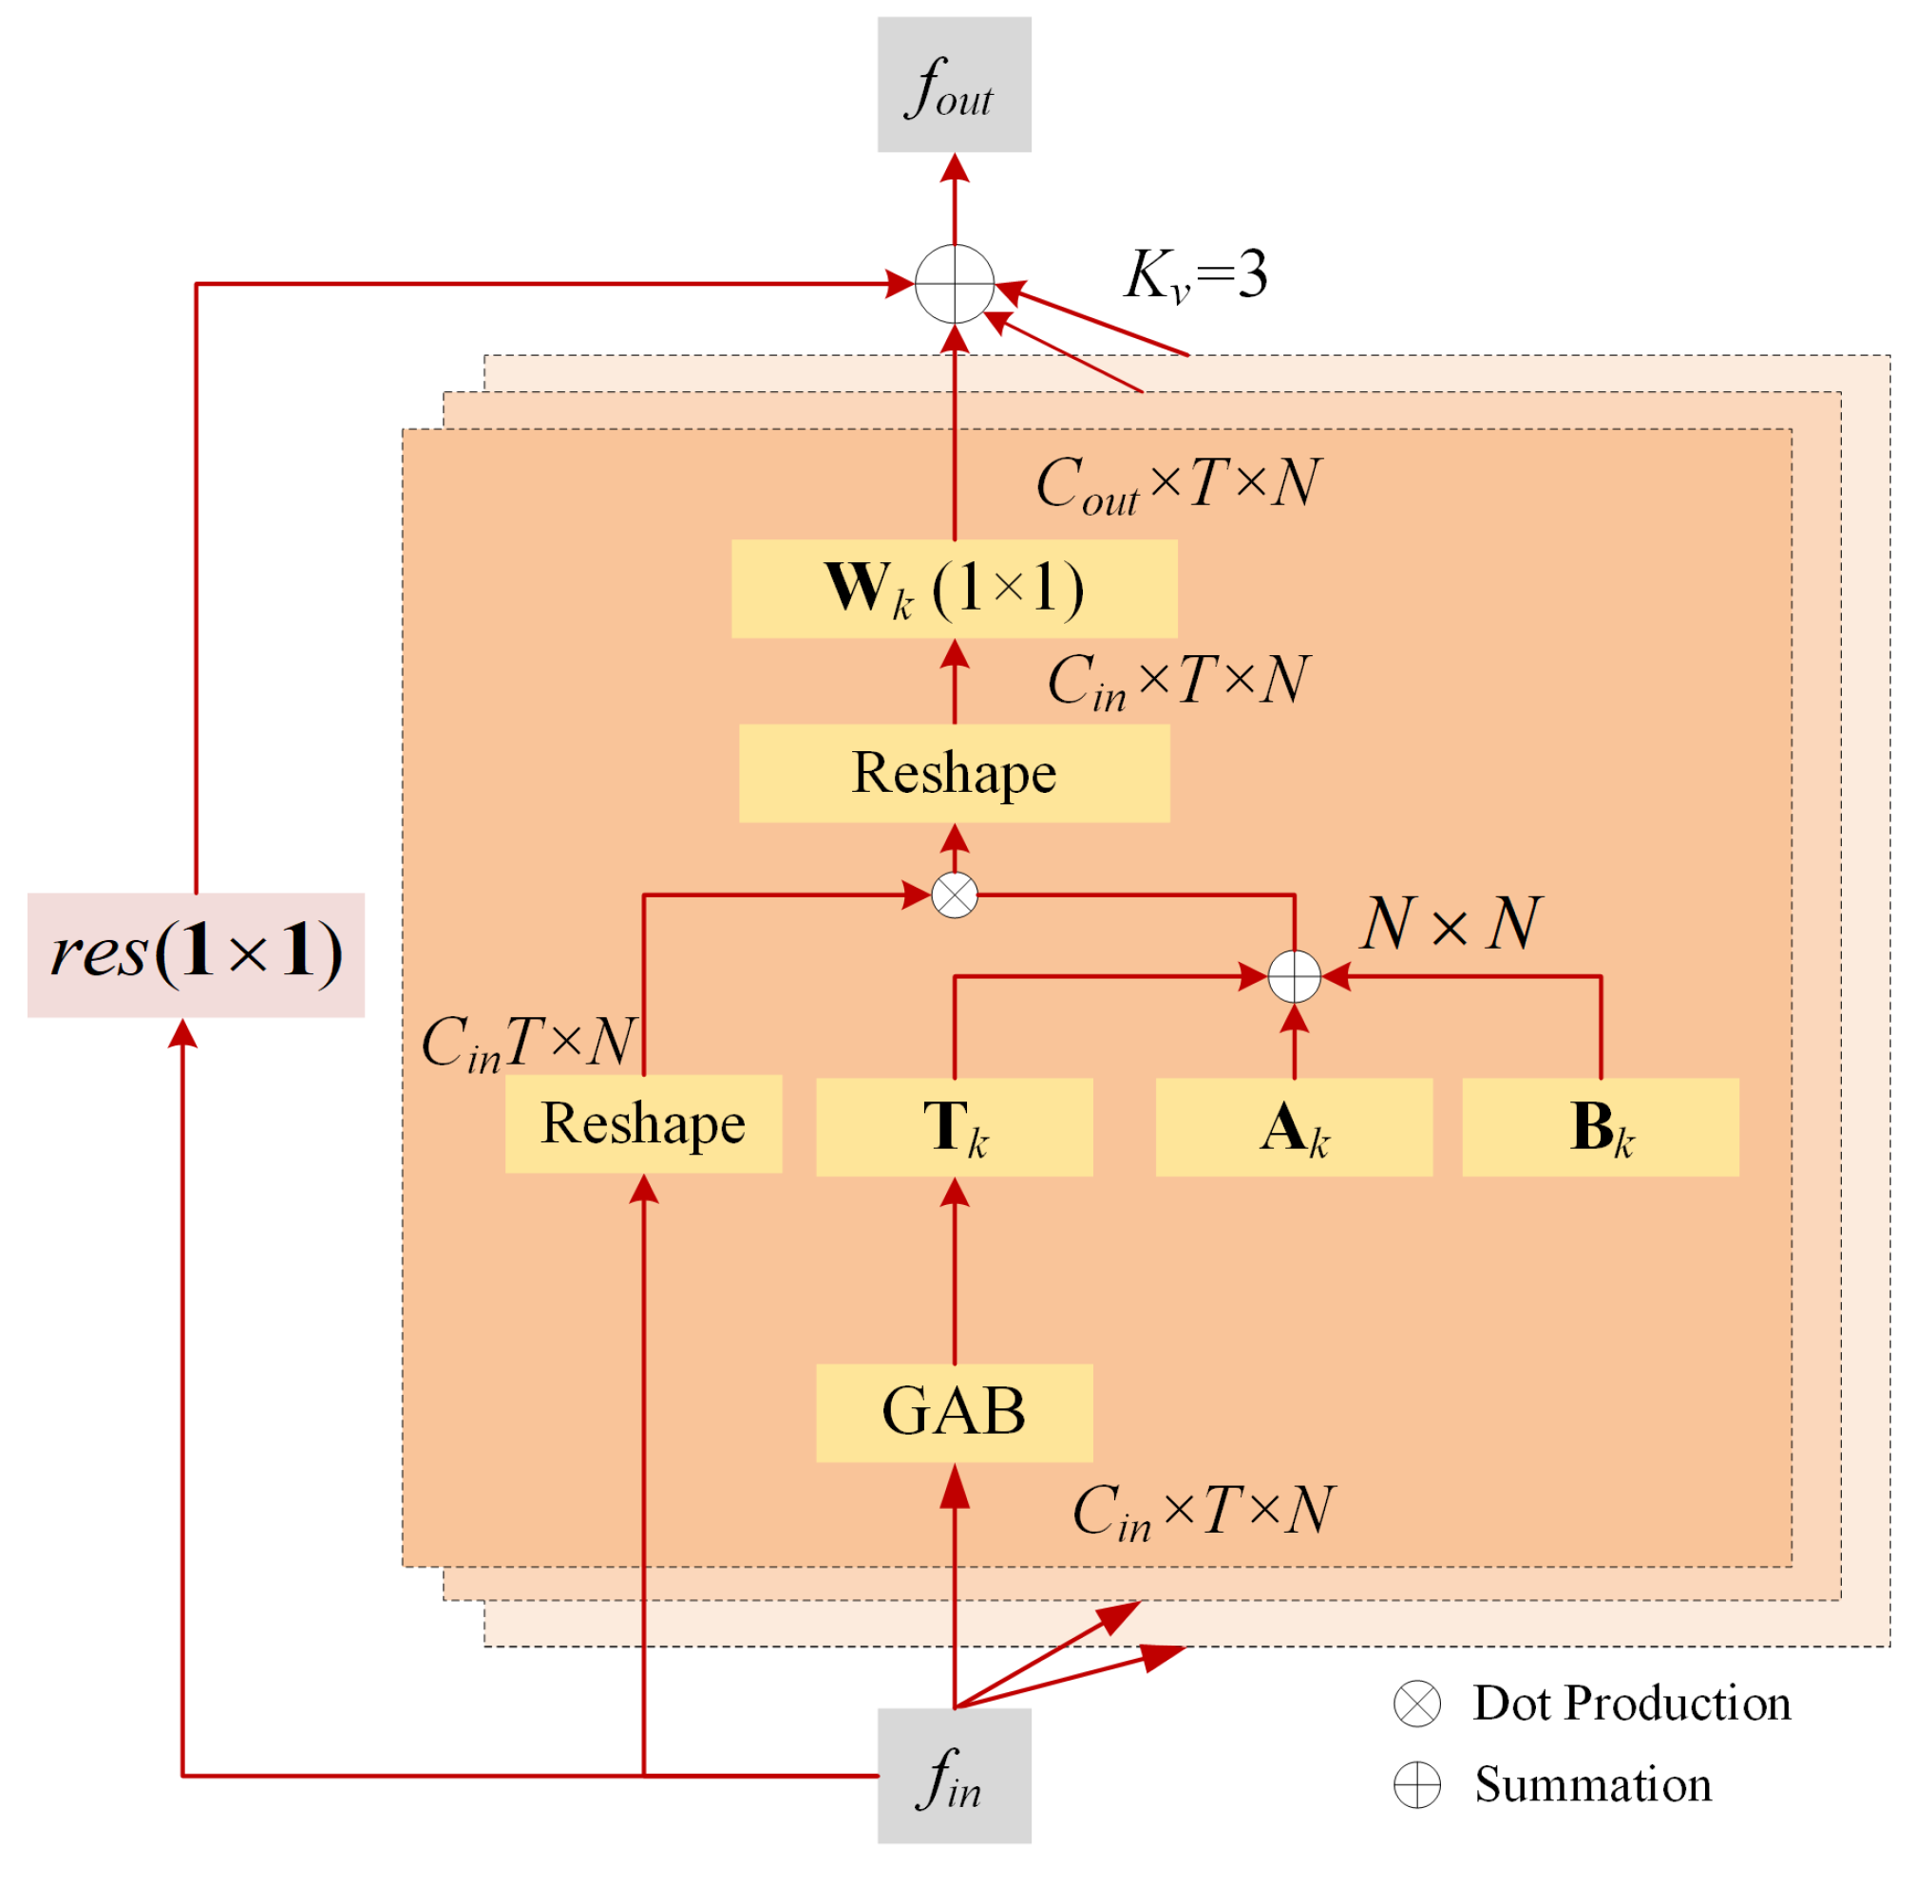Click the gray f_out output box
click(x=954, y=85)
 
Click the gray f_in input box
click(x=954, y=1774)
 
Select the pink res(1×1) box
click(x=196, y=954)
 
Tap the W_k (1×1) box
click(x=954, y=589)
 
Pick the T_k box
click(x=954, y=1126)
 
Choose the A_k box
click(x=1293, y=1126)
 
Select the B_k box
click(x=1600, y=1126)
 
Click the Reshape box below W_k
click(x=954, y=772)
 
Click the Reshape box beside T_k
click(x=643, y=1123)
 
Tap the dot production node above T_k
click(x=954, y=895)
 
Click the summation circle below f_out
click(x=954, y=284)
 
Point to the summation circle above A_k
click(x=1293, y=976)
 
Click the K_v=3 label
click(x=1195, y=275)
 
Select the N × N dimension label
click(x=1450, y=925)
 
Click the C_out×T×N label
click(x=1177, y=484)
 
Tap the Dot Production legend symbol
click(x=1416, y=1703)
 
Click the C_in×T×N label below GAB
click(x=1203, y=1511)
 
